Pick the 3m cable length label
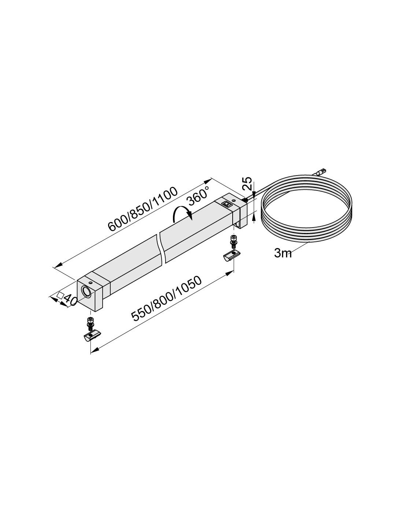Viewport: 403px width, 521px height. coord(283,253)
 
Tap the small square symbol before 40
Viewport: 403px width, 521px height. coord(60,295)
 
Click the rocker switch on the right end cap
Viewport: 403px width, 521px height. coord(226,204)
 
